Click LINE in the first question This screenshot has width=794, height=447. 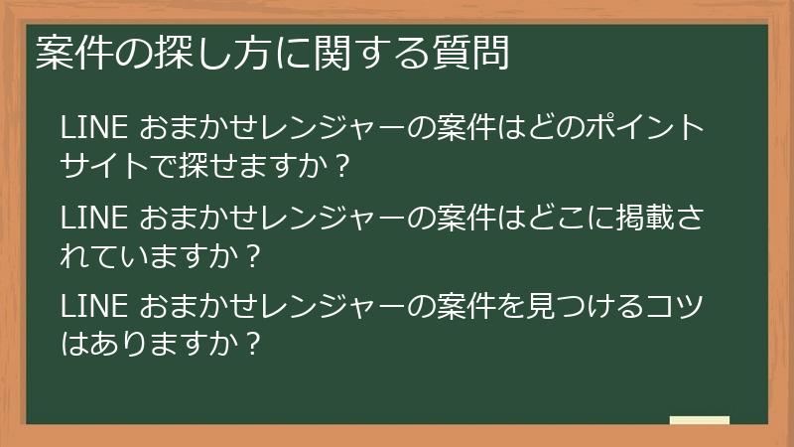(x=93, y=128)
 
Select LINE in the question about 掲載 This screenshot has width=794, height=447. (x=93, y=218)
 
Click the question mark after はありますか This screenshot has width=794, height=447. (x=253, y=343)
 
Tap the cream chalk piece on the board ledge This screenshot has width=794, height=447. (x=699, y=420)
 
